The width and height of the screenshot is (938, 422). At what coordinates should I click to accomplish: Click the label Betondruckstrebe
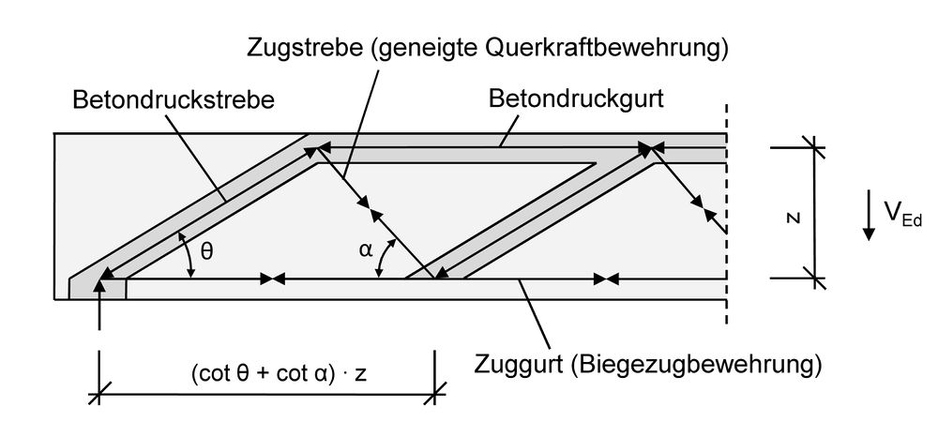[174, 100]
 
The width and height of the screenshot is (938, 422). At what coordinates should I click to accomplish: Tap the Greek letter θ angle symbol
[208, 252]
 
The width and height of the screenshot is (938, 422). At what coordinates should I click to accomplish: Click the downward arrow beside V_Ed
[870, 219]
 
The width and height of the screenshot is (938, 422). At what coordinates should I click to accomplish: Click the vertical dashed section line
[726, 234]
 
